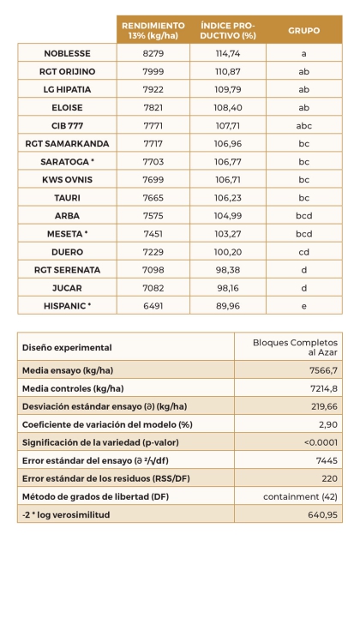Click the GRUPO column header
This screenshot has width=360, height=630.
point(303,30)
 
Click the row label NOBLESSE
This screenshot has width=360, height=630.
point(67,53)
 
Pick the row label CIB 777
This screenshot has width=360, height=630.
point(67,125)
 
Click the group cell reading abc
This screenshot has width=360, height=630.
point(303,125)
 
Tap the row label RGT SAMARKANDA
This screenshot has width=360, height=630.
point(67,143)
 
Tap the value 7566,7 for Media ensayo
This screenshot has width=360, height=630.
point(321,369)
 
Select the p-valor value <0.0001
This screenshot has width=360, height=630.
point(320,442)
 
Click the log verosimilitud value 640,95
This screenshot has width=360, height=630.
point(321,514)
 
